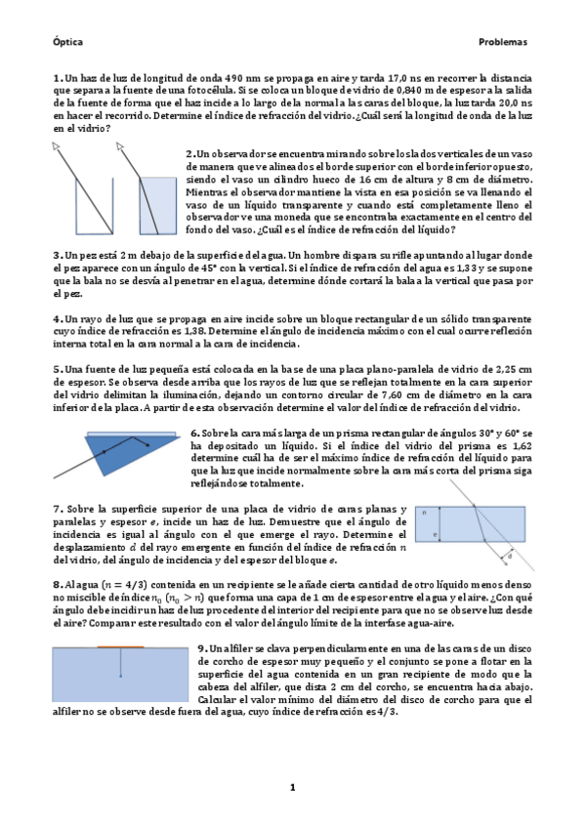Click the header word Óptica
click(x=67, y=43)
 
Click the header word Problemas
click(x=502, y=43)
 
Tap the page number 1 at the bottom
click(x=291, y=787)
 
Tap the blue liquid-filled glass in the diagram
click(x=161, y=205)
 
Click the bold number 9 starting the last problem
click(x=200, y=648)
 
